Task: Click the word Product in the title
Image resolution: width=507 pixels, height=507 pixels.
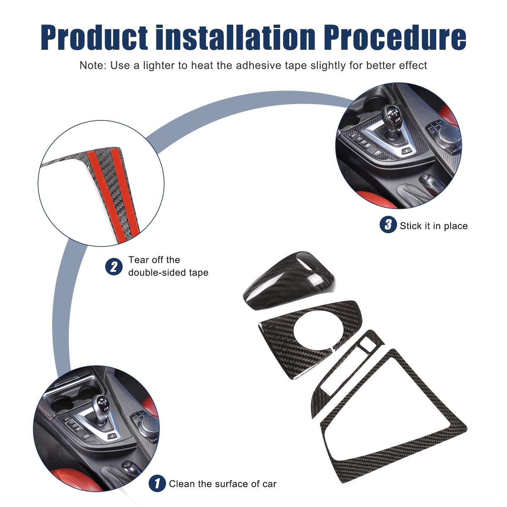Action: click(x=94, y=37)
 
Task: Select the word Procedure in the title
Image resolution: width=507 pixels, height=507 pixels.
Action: click(x=395, y=37)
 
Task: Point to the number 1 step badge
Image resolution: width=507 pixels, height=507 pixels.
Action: click(x=157, y=483)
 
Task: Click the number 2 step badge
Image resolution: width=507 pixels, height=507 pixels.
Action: click(x=114, y=267)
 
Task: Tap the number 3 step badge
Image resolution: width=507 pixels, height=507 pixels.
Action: click(x=388, y=224)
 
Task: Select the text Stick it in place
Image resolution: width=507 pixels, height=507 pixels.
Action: click(x=433, y=226)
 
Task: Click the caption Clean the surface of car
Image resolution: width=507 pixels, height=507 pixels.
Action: click(x=223, y=484)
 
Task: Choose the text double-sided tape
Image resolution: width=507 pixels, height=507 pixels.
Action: click(x=168, y=273)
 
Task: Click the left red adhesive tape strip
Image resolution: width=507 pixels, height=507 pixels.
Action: click(x=103, y=195)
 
